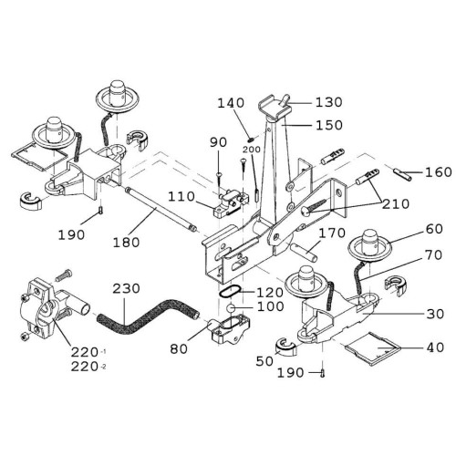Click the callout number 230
coord(126,288)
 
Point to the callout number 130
coord(329,102)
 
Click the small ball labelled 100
coord(231,308)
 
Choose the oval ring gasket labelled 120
coord(230,292)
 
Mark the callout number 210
coord(396,203)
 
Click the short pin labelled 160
coord(402,174)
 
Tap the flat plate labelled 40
coord(372,348)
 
